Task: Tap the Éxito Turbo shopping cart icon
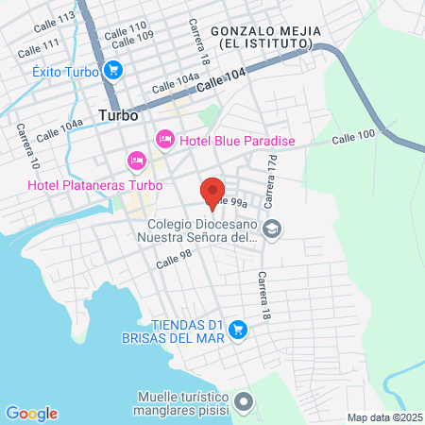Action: [114, 70]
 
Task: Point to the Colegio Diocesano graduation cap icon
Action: [272, 228]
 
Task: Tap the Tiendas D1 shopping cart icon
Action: [238, 330]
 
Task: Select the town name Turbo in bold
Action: [118, 115]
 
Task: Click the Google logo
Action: [31, 413]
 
